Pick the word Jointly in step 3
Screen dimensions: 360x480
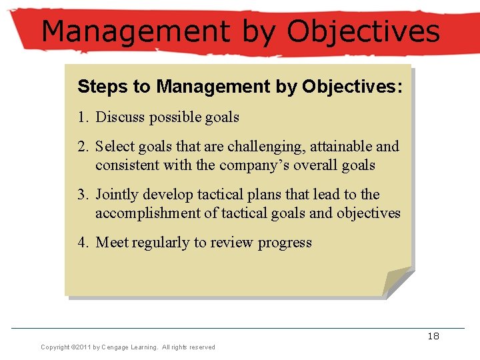pyautogui.click(x=117, y=195)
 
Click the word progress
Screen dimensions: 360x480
pyautogui.click(x=285, y=243)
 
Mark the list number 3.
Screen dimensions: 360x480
pyautogui.click(x=82, y=195)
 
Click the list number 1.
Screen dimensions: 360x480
pyautogui.click(x=82, y=117)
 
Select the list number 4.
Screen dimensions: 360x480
pyautogui.click(x=82, y=243)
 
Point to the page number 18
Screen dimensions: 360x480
pyautogui.click(x=433, y=336)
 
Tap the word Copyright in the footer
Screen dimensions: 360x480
pyautogui.click(x=55, y=347)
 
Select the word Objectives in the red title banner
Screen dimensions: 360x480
pyautogui.click(x=364, y=31)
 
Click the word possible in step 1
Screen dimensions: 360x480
pyautogui.click(x=174, y=117)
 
